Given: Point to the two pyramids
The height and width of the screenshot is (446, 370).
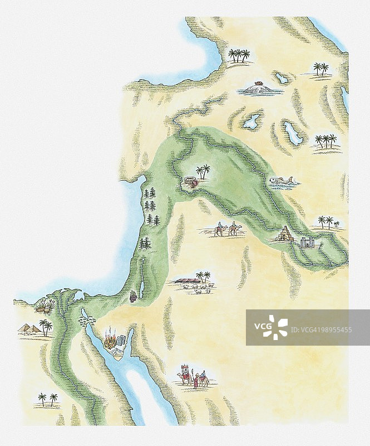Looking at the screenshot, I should pos(29,328).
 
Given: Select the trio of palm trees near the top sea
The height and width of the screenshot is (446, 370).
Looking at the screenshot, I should pos(239,55).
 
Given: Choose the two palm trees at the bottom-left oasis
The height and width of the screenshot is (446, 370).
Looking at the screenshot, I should pos(47,399).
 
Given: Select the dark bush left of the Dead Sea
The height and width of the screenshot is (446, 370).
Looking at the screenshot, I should pos(132,295).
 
